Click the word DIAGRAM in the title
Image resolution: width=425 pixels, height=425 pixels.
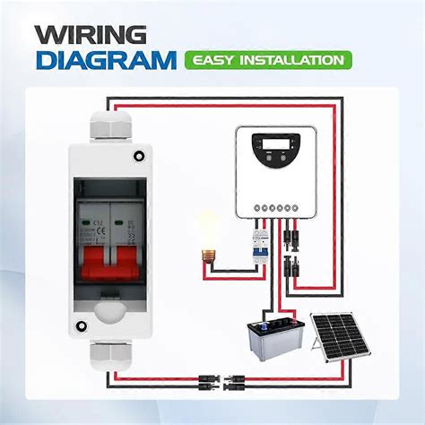105,61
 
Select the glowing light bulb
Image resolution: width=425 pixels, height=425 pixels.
209,230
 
